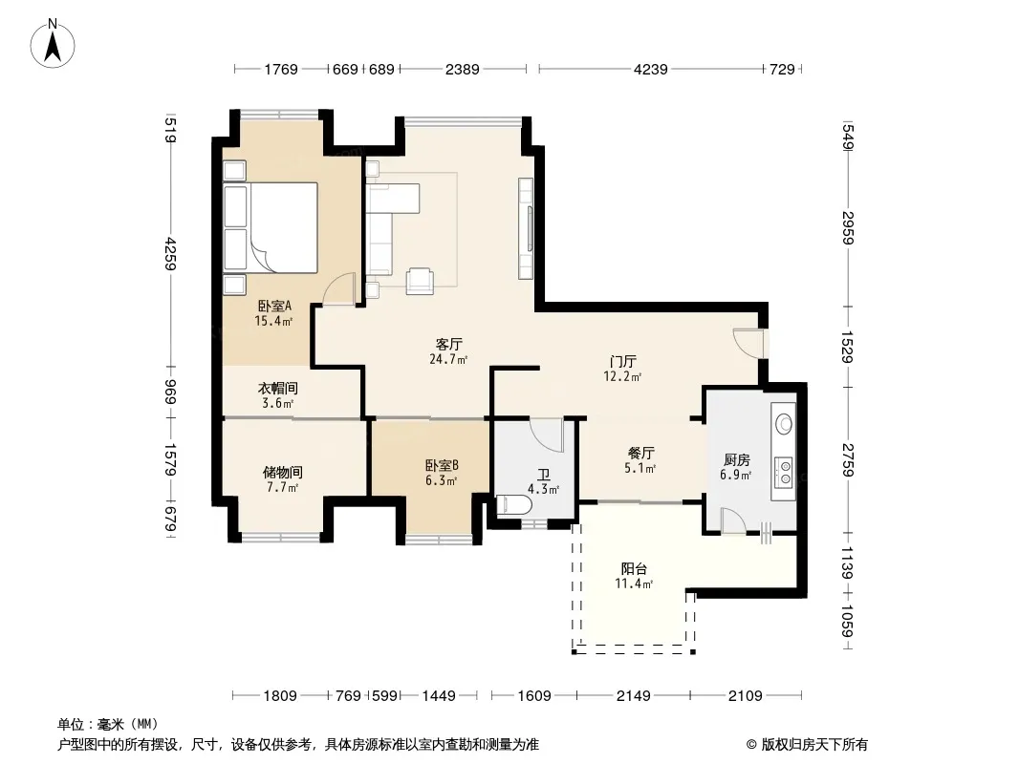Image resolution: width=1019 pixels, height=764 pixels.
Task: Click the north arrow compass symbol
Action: [x=53, y=44]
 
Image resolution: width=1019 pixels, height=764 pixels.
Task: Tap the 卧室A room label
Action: [x=274, y=306]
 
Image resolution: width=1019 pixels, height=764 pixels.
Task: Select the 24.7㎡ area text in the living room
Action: [x=448, y=359]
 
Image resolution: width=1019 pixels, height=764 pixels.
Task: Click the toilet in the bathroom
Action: [x=513, y=505]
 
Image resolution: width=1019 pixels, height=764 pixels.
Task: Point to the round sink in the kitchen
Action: [x=785, y=425]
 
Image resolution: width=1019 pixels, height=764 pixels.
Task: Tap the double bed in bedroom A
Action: [x=271, y=226]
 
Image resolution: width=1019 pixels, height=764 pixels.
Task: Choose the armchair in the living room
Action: [x=420, y=282]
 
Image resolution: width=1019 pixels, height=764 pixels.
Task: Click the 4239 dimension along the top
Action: [x=651, y=69]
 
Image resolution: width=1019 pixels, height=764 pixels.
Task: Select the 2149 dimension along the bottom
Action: [x=633, y=696]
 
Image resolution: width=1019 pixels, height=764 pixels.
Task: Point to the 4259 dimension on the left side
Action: [x=171, y=254]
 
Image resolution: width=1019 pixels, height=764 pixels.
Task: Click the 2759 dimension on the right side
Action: [x=847, y=459]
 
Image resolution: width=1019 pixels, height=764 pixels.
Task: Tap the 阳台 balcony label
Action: [x=634, y=569]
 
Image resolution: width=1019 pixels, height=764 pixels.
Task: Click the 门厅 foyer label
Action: [x=622, y=362]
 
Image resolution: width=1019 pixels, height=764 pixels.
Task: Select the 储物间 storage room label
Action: [x=283, y=473]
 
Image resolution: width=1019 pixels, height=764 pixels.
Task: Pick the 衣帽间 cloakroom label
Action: [x=278, y=388]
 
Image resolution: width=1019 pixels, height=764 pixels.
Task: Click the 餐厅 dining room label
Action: [x=640, y=453]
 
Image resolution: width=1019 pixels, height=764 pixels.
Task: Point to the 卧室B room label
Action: [x=442, y=465]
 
